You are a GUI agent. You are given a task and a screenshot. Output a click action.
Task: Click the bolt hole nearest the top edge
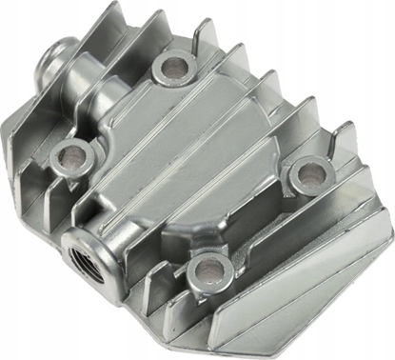pos(174,66)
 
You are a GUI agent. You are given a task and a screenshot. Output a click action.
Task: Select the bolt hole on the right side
pos(305,169)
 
